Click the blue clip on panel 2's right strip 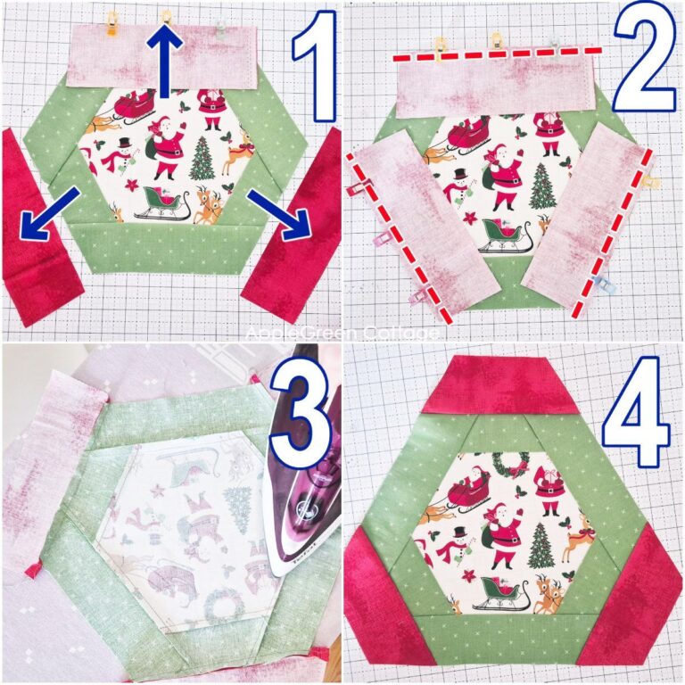tap(592, 284)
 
